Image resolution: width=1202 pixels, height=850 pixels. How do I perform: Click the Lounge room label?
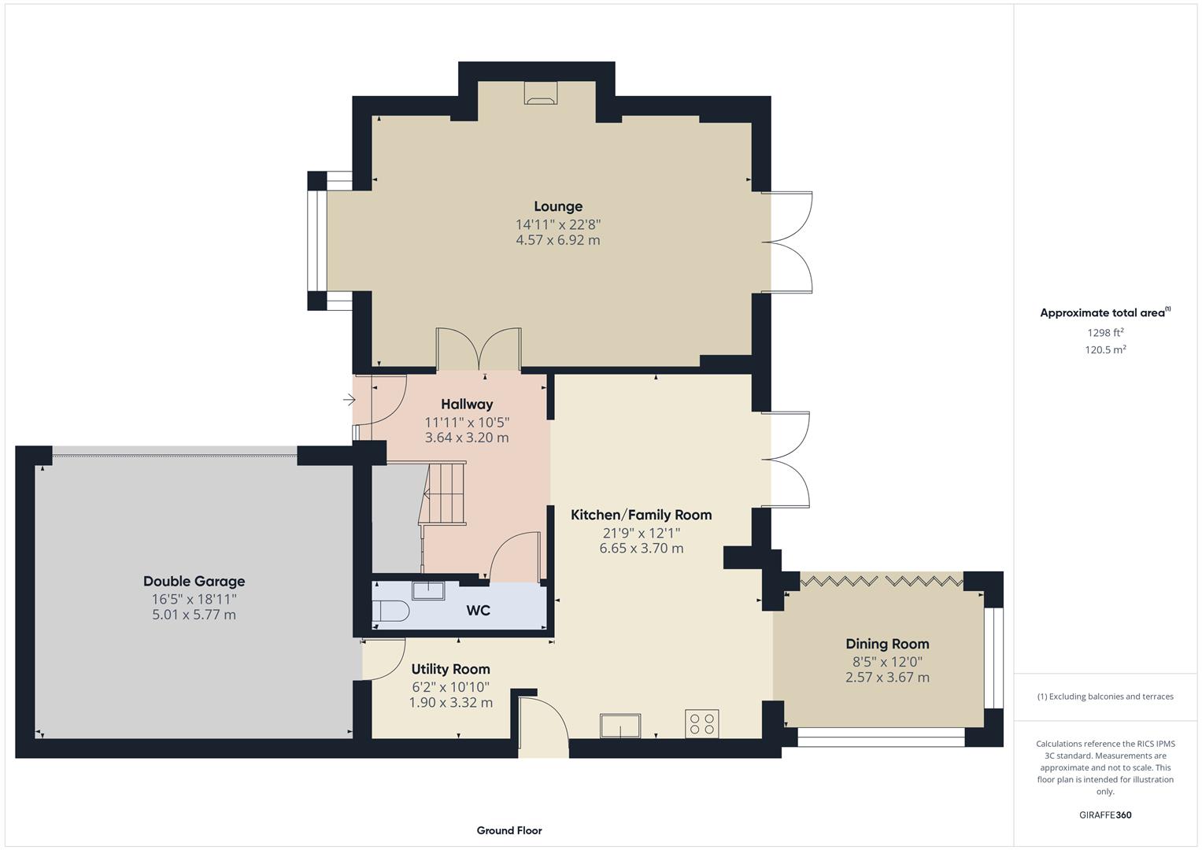tap(558, 206)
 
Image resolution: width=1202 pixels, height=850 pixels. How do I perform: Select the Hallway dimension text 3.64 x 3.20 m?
tap(467, 438)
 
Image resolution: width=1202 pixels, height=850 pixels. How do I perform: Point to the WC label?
tap(478, 611)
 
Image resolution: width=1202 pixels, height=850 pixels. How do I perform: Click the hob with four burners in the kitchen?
tap(701, 723)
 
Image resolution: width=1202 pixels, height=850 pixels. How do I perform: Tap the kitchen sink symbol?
tap(620, 725)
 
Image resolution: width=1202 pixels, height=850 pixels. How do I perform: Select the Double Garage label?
tap(194, 582)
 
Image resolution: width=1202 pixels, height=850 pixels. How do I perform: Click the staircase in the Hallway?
tap(444, 493)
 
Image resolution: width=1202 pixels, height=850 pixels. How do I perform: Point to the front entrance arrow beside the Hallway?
tap(349, 401)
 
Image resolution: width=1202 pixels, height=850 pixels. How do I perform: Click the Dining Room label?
tap(887, 644)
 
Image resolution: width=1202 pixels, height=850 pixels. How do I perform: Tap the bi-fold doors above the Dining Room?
tap(881, 581)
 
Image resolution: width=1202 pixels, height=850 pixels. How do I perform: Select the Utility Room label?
tap(450, 669)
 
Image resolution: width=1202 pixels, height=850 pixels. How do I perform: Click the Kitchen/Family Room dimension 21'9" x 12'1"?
tap(642, 533)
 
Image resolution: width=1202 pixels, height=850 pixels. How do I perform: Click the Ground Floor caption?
tap(509, 830)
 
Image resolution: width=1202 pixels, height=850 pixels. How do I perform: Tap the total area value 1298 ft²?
tap(1105, 332)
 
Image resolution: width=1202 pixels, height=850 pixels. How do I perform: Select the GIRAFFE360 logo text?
tap(1105, 815)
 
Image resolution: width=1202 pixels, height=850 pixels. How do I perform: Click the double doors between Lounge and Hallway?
tap(479, 349)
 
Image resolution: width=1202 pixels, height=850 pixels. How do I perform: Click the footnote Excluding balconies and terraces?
tap(1105, 697)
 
